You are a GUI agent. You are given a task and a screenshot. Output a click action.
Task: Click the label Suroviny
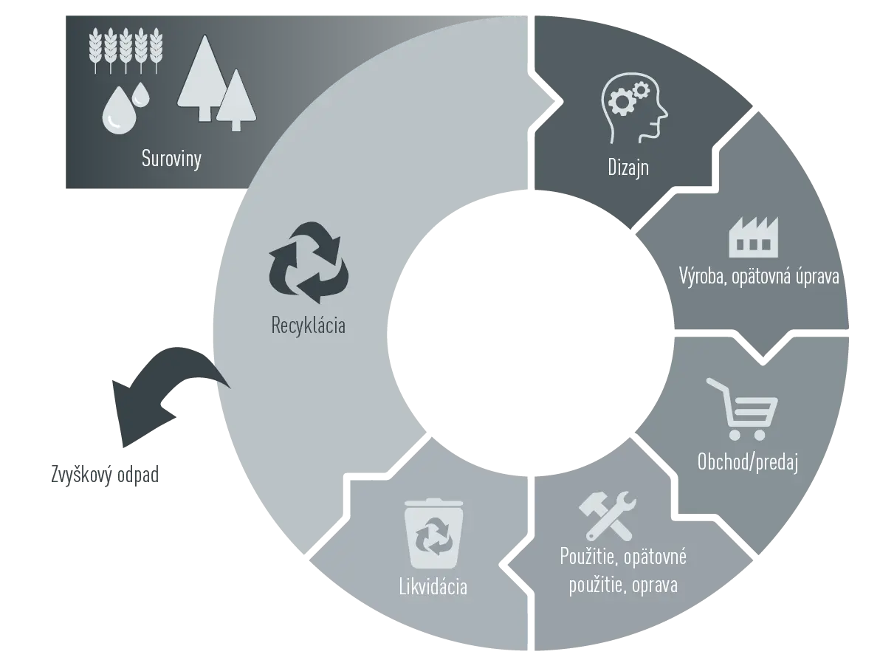tap(171, 159)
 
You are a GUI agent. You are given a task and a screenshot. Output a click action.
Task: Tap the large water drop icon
tap(119, 111)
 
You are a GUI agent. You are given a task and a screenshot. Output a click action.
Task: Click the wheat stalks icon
tap(126, 50)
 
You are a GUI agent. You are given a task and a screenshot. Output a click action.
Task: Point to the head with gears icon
tap(634, 106)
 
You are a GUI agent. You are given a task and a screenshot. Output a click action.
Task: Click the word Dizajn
tap(628, 168)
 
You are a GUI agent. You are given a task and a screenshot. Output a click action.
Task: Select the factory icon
tap(754, 237)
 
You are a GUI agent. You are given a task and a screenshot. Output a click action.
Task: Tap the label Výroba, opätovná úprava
tap(759, 276)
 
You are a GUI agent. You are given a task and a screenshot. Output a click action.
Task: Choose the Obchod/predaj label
tap(748, 462)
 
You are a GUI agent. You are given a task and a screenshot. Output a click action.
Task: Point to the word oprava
tap(655, 585)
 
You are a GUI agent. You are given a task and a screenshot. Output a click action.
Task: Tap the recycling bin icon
tap(433, 534)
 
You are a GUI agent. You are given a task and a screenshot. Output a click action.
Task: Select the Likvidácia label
tap(433, 586)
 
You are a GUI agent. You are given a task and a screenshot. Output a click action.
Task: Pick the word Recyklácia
tap(308, 325)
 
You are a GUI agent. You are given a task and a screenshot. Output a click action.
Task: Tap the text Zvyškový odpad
tap(105, 475)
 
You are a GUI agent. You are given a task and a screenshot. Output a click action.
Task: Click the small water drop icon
tap(142, 94)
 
